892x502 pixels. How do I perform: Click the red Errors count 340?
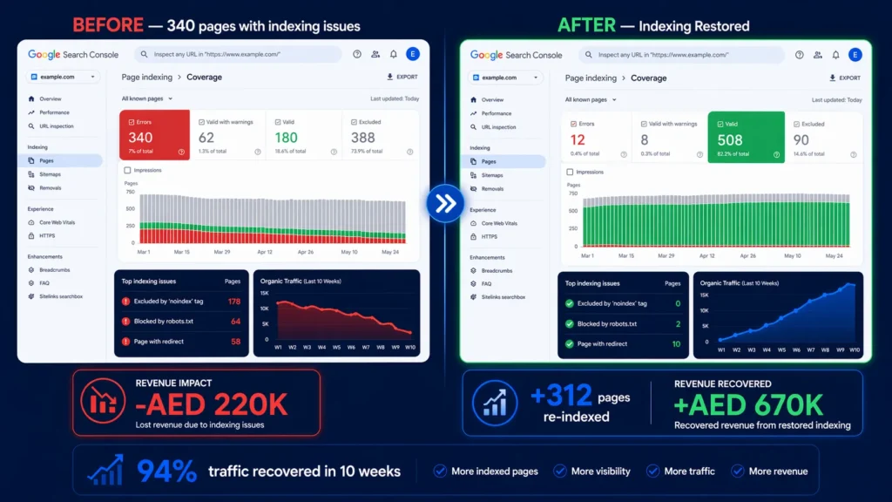[140, 138]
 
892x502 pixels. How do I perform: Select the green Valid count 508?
[730, 140]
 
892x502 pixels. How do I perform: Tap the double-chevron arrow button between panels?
[445, 203]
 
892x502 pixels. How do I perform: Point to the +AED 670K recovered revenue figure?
[748, 405]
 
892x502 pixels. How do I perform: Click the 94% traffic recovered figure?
[166, 471]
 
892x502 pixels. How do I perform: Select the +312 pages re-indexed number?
[562, 397]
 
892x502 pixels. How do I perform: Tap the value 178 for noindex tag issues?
[234, 302]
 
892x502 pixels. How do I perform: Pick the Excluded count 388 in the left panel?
[362, 138]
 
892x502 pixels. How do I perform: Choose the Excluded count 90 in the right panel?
[801, 140]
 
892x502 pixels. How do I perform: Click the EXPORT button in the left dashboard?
[402, 77]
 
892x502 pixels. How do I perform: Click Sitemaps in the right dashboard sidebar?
[492, 175]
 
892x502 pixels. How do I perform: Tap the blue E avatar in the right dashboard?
[855, 55]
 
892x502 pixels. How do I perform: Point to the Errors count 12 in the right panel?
[578, 140]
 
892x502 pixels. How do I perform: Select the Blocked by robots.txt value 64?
[235, 322]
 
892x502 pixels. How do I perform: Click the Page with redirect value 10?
[676, 343]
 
